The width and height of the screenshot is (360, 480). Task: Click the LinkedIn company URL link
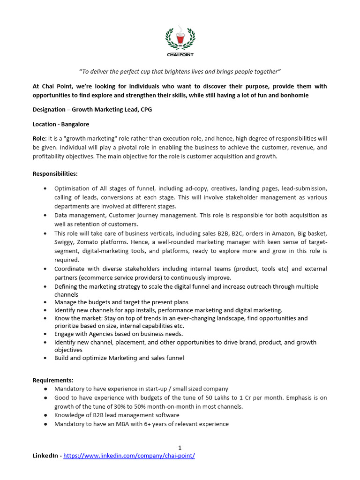point(129,456)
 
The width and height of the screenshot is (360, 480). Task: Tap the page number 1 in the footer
point(180,448)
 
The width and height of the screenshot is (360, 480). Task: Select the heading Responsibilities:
point(55,173)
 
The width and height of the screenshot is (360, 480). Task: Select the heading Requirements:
point(53,380)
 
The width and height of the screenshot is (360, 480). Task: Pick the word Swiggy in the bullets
point(64,242)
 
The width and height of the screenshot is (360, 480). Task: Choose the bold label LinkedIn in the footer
point(45,456)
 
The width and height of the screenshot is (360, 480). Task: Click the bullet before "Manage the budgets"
point(45,302)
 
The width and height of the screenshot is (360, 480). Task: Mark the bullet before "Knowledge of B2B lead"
point(45,415)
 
